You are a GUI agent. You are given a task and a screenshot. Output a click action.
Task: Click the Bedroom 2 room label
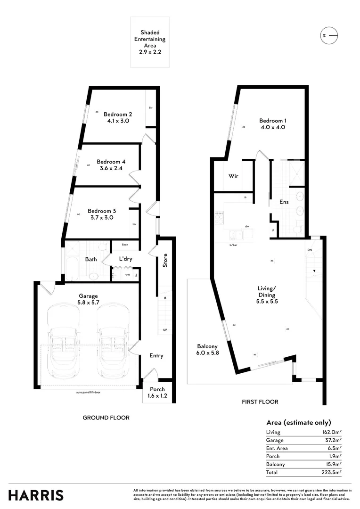coord(118,114)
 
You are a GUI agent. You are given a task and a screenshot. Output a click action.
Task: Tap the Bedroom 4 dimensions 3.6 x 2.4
coord(112,168)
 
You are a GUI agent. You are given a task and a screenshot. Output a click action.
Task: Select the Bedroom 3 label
coord(101,211)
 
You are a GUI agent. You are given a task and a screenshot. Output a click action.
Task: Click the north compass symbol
coord(329,35)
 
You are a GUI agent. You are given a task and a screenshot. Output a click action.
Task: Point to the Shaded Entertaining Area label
coord(150,39)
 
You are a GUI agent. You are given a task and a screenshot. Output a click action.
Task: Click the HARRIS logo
coord(36,495)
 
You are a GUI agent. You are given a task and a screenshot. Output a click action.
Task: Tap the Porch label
coord(158,389)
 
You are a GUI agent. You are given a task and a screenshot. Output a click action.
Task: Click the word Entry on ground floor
coord(156,355)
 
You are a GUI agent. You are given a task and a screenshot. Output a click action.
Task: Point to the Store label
coord(165,261)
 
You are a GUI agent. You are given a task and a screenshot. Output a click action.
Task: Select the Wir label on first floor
coord(233,176)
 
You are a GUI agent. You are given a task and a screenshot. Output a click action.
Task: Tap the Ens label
coord(284,202)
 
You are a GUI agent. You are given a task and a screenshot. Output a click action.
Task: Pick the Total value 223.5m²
coord(332,472)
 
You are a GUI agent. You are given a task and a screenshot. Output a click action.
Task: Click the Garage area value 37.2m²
coord(333,440)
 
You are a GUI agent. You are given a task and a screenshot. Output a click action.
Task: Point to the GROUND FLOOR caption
coord(106,418)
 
